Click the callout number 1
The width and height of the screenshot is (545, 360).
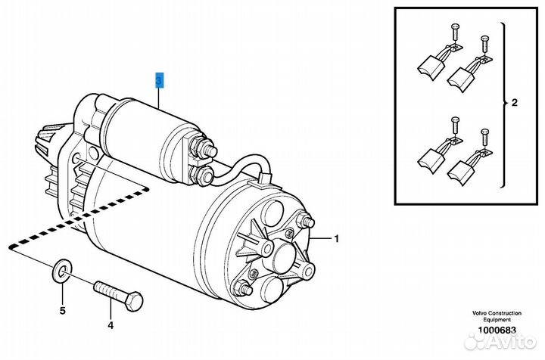338,239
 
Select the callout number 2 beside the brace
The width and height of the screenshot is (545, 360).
514,103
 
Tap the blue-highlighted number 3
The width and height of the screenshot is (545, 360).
159,79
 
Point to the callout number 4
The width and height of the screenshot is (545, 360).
110,326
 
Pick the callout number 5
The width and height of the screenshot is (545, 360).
63,310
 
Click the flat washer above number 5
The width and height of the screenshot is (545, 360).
61,270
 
